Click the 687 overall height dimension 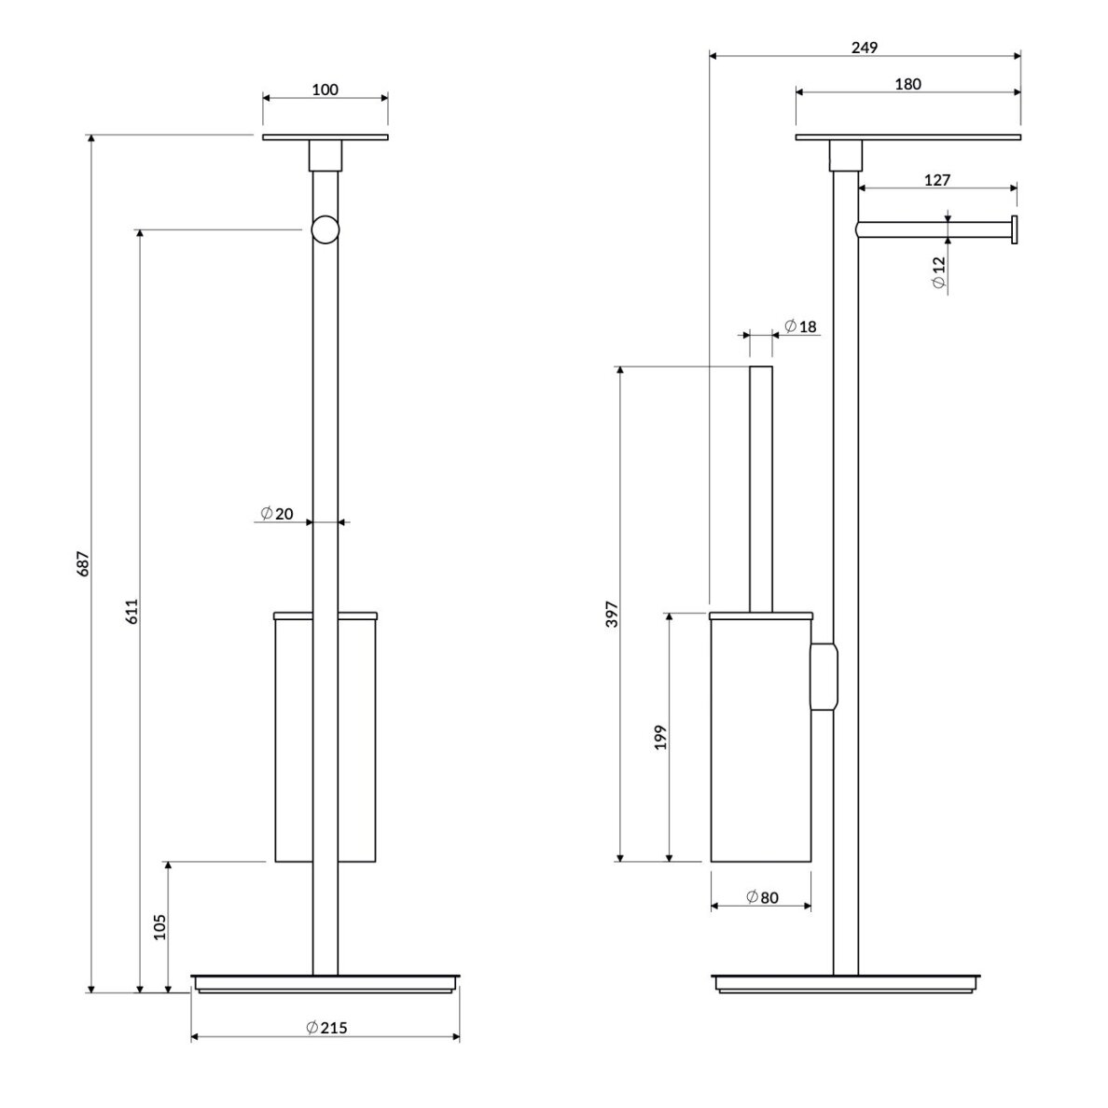(x=83, y=564)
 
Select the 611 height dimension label (x=132, y=611)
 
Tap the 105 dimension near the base (x=159, y=926)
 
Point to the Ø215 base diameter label (x=326, y=1028)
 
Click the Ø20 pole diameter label (x=276, y=514)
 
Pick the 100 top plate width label (x=325, y=90)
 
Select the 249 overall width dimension (x=865, y=48)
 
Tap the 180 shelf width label (x=908, y=84)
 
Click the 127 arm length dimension (x=937, y=180)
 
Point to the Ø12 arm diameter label (x=938, y=272)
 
